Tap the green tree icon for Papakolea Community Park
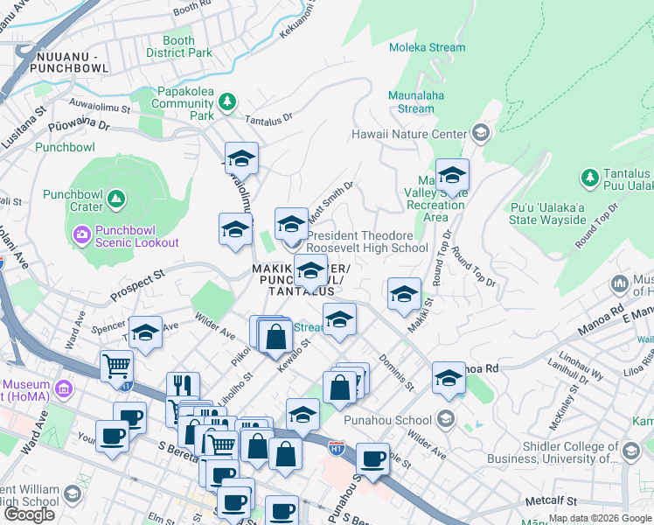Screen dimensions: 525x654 227,102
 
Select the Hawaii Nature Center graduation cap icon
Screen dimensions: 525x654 479,134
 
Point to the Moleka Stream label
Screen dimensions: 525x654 451,47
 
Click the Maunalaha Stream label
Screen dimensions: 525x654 415,102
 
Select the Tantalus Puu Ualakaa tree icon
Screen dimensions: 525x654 589,178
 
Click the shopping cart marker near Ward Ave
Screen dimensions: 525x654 116,365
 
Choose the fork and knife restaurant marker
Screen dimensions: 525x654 183,387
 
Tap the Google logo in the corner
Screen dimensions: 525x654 29,514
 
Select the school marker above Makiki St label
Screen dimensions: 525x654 404,295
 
